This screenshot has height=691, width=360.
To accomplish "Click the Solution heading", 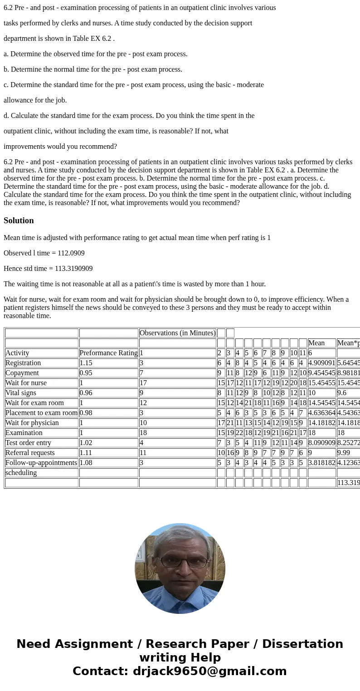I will [19, 221].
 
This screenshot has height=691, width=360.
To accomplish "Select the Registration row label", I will [23, 363].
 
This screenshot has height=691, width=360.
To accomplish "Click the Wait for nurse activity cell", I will [26, 383].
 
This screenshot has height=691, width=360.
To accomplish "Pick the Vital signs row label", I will [21, 393].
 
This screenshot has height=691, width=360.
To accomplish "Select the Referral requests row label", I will [30, 453].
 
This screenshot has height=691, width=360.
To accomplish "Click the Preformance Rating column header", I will [108, 353].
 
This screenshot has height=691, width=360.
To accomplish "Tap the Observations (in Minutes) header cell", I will [177, 333].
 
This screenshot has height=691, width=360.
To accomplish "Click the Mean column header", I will [316, 343].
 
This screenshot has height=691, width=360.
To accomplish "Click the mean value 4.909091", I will [321, 363].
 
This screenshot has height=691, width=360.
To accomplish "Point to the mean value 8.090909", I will [321, 443].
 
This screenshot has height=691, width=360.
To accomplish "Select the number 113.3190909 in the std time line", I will [73, 269].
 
